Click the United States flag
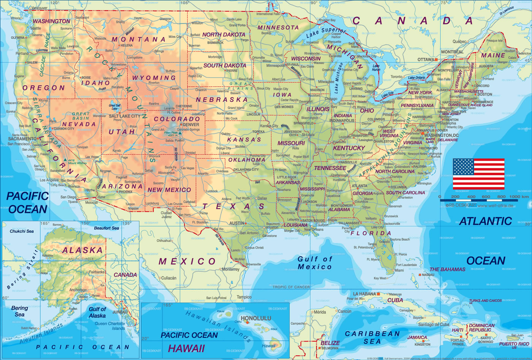tap(478, 174)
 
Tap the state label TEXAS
tap(233, 206)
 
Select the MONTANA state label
tap(138, 39)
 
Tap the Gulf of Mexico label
tap(315, 263)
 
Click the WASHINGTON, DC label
tap(442, 135)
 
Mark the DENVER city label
tap(190, 125)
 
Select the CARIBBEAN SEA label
tap(372, 338)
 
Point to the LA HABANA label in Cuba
tap(364, 294)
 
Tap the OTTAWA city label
tap(426, 60)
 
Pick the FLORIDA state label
tap(370, 233)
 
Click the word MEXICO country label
tap(187, 261)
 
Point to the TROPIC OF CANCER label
tap(291, 287)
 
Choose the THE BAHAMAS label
tap(447, 269)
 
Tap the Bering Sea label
tap(19, 311)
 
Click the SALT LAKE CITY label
tap(124, 116)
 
